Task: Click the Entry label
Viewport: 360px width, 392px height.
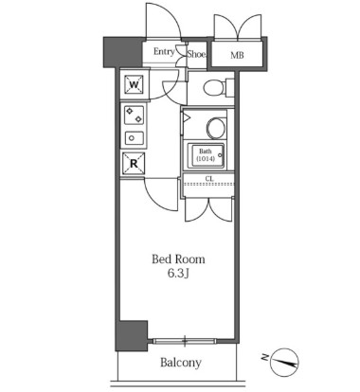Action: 164,51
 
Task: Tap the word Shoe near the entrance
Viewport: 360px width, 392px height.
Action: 196,54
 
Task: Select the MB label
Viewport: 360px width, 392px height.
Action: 237,55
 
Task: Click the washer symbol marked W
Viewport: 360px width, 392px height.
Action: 134,85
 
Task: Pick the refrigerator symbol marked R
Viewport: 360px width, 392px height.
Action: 134,164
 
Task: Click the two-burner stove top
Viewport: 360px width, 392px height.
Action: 134,116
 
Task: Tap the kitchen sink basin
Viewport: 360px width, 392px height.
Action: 134,138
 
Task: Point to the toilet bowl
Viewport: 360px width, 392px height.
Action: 213,87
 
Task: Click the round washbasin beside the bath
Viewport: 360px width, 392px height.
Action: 216,128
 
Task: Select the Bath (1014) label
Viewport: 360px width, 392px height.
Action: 206,155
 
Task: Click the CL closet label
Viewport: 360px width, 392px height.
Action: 209,179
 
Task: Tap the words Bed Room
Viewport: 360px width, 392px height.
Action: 178,259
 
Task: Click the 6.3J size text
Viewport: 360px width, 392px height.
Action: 178,274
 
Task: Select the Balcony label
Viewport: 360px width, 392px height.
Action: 181,363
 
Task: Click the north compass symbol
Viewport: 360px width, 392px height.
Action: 285,363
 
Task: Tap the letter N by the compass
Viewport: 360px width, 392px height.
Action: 265,357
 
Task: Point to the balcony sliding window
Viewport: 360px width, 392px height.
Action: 185,341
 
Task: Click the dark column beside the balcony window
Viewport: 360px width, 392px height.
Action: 132,336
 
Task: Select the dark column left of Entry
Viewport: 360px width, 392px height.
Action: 123,52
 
